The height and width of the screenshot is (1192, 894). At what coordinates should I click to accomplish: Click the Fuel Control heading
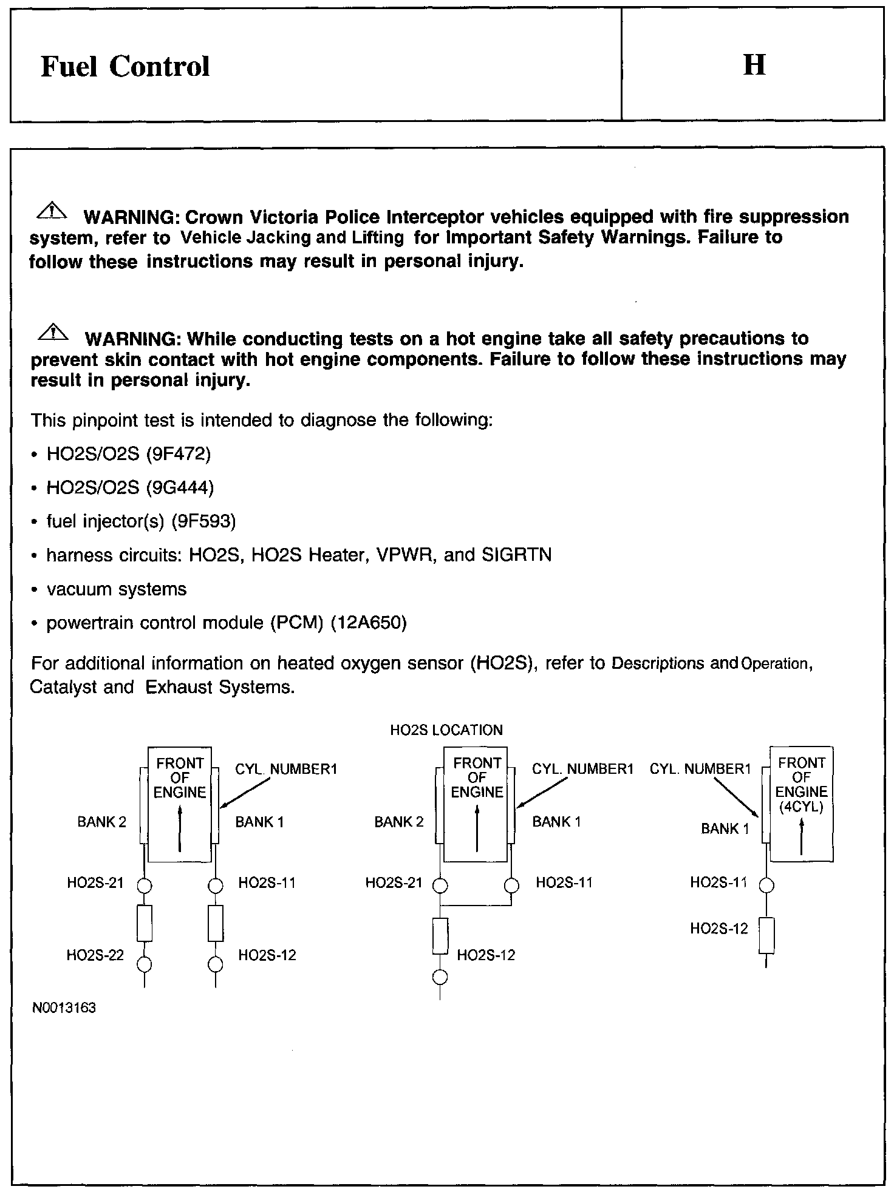click(125, 66)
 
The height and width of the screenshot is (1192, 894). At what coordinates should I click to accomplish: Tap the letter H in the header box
click(754, 64)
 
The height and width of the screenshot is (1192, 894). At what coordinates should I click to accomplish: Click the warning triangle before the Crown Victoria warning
click(53, 211)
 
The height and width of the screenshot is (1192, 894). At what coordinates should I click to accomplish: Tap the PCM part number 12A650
click(369, 623)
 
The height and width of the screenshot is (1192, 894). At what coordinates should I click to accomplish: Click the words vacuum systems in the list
click(117, 589)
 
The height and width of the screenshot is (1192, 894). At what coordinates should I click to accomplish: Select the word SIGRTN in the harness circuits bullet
click(516, 555)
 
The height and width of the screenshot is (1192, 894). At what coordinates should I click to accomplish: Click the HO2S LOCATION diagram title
click(446, 730)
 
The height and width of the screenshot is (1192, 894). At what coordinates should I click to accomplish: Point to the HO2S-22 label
click(95, 955)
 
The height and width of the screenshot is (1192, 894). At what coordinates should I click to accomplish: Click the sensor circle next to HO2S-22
click(145, 964)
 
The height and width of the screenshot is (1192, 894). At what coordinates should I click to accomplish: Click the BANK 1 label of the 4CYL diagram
click(725, 829)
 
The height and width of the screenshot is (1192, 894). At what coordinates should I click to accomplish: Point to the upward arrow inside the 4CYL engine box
click(802, 837)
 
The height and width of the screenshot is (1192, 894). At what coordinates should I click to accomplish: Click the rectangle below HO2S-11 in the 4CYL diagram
click(767, 935)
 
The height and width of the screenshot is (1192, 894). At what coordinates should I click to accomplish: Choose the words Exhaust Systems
click(220, 688)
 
